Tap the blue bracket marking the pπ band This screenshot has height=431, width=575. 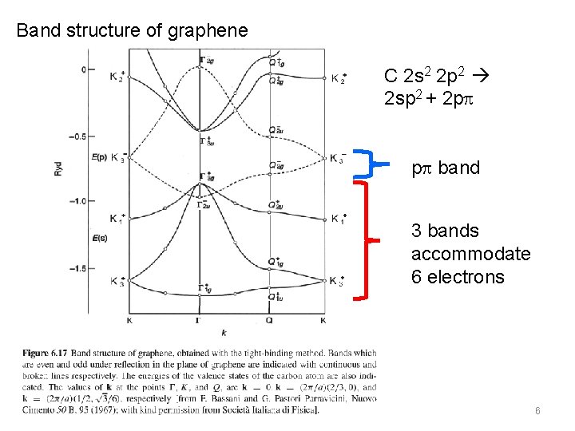pyautogui.click(x=369, y=163)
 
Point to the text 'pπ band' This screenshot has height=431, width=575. pyautogui.click(x=446, y=168)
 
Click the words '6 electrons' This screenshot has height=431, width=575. pyautogui.click(x=458, y=277)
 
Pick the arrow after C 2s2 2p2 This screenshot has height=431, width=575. pyautogui.click(x=486, y=77)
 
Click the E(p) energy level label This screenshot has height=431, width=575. pyautogui.click(x=100, y=157)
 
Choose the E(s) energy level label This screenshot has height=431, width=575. pyautogui.click(x=100, y=239)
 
